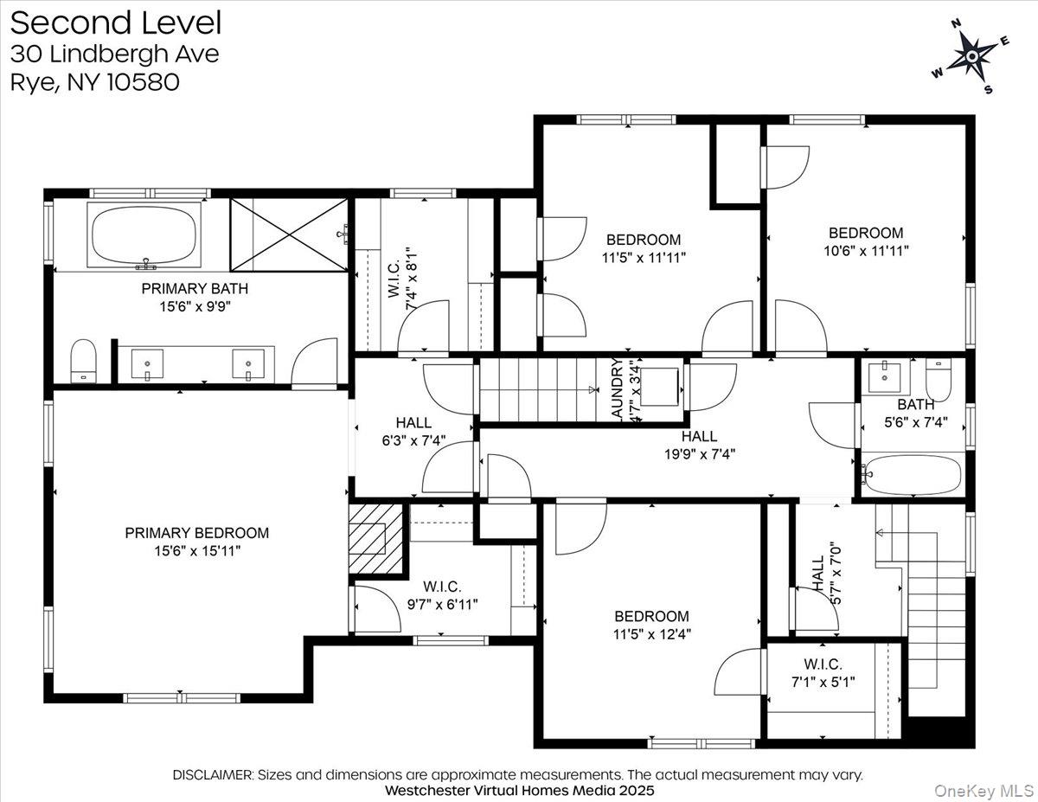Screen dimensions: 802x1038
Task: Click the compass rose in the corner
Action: [x=971, y=57]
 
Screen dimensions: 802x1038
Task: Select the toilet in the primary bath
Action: [x=83, y=359]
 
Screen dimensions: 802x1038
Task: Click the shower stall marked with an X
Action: [x=289, y=234]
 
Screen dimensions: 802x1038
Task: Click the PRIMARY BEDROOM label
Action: [x=196, y=533]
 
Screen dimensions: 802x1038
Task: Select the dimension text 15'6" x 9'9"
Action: [x=187, y=305]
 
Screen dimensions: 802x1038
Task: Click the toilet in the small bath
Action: [x=938, y=380]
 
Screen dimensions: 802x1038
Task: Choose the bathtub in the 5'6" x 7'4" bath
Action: [x=913, y=475]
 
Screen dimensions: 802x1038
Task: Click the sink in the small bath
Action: [x=885, y=376]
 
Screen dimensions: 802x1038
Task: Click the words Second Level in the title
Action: [x=116, y=22]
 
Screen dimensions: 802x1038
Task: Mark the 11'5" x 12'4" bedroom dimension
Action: [x=651, y=633]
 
